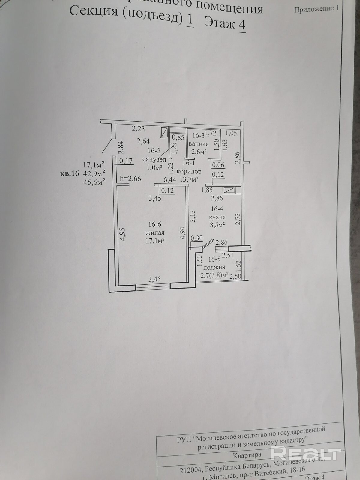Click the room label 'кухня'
coord(217,217)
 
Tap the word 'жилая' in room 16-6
coord(155,232)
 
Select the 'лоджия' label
coord(214,268)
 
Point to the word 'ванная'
coord(198,144)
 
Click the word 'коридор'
coord(189,172)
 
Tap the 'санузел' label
coord(154,160)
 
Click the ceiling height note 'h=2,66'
coord(130,178)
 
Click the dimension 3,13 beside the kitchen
coord(193,216)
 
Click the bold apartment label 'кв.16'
coord(69,173)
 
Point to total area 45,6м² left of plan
coord(94,182)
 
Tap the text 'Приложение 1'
coord(316,9)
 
